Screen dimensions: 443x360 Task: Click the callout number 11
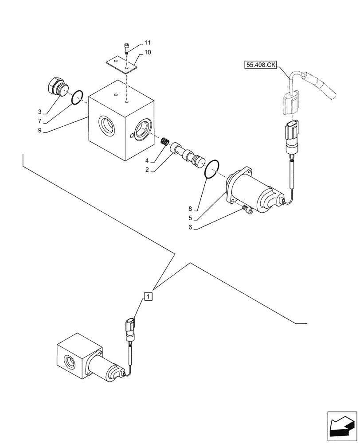(x=147, y=43)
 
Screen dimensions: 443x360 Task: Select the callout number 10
(x=147, y=52)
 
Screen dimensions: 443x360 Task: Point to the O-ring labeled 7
(x=78, y=97)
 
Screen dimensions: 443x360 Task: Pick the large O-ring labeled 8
(x=213, y=170)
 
